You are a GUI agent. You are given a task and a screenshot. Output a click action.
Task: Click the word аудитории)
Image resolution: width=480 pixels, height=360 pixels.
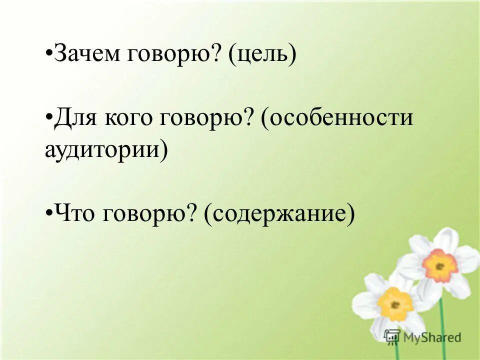click(x=105, y=149)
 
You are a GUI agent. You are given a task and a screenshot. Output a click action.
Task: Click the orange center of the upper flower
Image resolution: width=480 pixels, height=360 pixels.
click(x=439, y=265)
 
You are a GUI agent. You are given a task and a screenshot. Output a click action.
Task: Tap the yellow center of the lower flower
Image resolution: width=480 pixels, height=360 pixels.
click(x=395, y=304)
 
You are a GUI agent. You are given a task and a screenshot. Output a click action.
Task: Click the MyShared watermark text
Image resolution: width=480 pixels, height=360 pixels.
click(x=432, y=338)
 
